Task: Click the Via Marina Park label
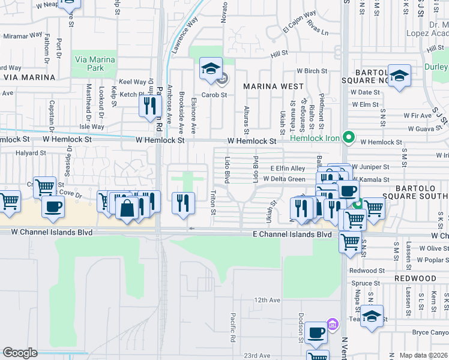pos(89,63)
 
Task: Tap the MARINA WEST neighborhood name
pos(273,86)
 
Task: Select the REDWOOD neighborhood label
pos(415,279)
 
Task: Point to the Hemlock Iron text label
pos(315,138)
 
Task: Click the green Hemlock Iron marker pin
pos(348,138)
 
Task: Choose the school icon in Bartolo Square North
pos(399,76)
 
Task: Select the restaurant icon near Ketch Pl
pos(149,106)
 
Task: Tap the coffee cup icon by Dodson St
pos(316,332)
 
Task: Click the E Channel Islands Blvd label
pos(292,235)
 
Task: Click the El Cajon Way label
pos(300,15)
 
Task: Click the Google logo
pos(20,352)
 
